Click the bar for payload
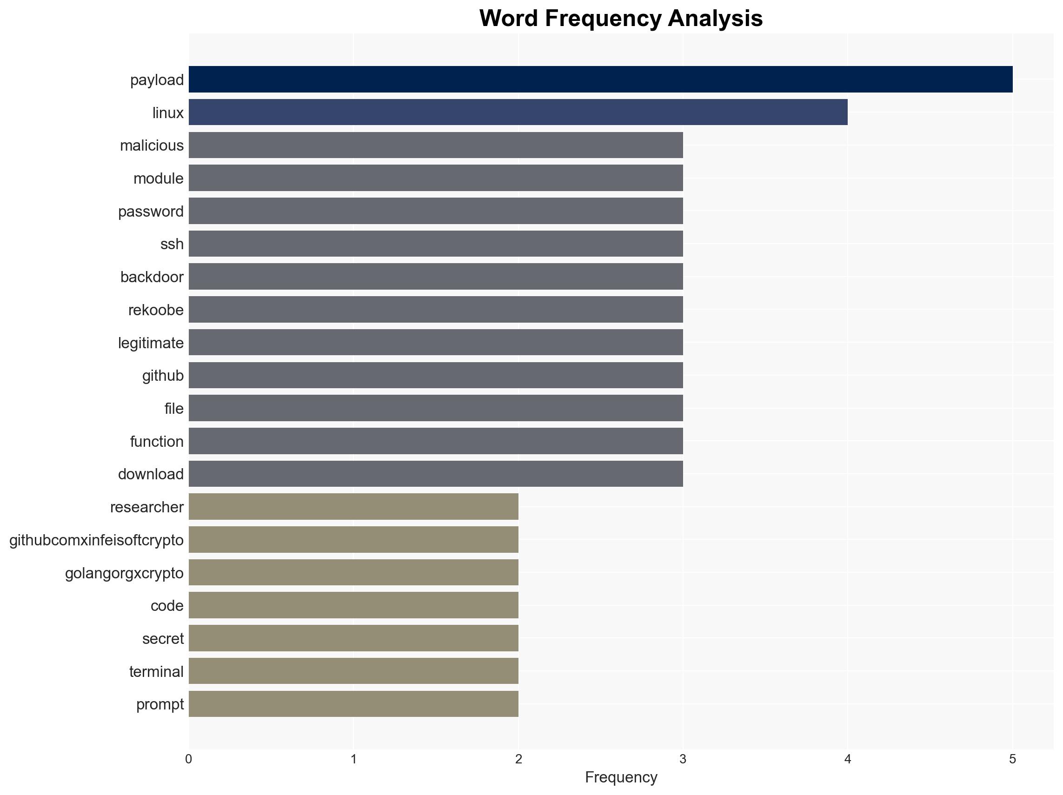pyautogui.click(x=600, y=79)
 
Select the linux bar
pyautogui.click(x=518, y=113)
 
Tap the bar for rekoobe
pyautogui.click(x=435, y=309)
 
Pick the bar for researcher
pyautogui.click(x=353, y=506)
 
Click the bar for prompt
pyautogui.click(x=353, y=704)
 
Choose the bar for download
pyautogui.click(x=435, y=474)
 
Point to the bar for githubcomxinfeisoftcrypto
pyautogui.click(x=353, y=539)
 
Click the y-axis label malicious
pyautogui.click(x=152, y=146)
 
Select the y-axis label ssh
pyautogui.click(x=172, y=244)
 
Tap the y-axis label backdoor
pyautogui.click(x=152, y=277)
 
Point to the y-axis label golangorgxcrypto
pyautogui.click(x=124, y=573)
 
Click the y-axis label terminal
pyautogui.click(x=156, y=671)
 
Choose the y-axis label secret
pyautogui.click(x=162, y=638)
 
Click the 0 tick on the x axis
pyautogui.click(x=188, y=760)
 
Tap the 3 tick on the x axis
pyautogui.click(x=683, y=760)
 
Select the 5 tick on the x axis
pyautogui.click(x=1012, y=760)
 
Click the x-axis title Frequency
pyautogui.click(x=621, y=777)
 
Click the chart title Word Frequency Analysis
pyautogui.click(x=621, y=18)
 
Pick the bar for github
pyautogui.click(x=435, y=375)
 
